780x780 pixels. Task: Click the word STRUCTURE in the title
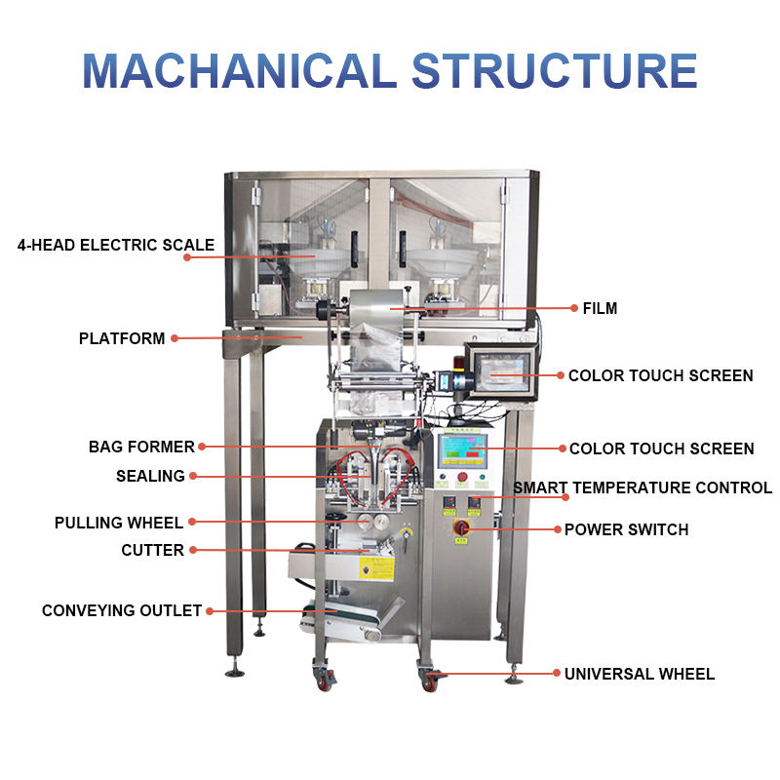tap(554, 70)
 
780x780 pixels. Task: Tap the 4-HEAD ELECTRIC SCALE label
tap(116, 245)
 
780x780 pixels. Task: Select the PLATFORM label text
tap(122, 339)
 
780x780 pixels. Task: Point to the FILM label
tap(600, 309)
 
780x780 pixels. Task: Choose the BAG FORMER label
tap(141, 447)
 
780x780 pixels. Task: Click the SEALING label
tap(150, 476)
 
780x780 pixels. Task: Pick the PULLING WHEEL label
tap(119, 524)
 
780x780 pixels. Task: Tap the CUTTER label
tap(153, 550)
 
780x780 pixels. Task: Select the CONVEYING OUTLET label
tap(122, 610)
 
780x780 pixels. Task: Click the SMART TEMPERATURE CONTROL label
tap(643, 487)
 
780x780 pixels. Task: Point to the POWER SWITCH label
tap(626, 529)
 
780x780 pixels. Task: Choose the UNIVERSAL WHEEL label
tap(640, 674)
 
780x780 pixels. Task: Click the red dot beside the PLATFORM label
tap(175, 339)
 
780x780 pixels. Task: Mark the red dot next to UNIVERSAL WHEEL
tap(556, 674)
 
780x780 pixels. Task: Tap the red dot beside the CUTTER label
tap(193, 550)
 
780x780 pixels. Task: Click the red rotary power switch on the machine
tap(462, 528)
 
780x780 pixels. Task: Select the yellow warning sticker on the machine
tap(375, 568)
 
